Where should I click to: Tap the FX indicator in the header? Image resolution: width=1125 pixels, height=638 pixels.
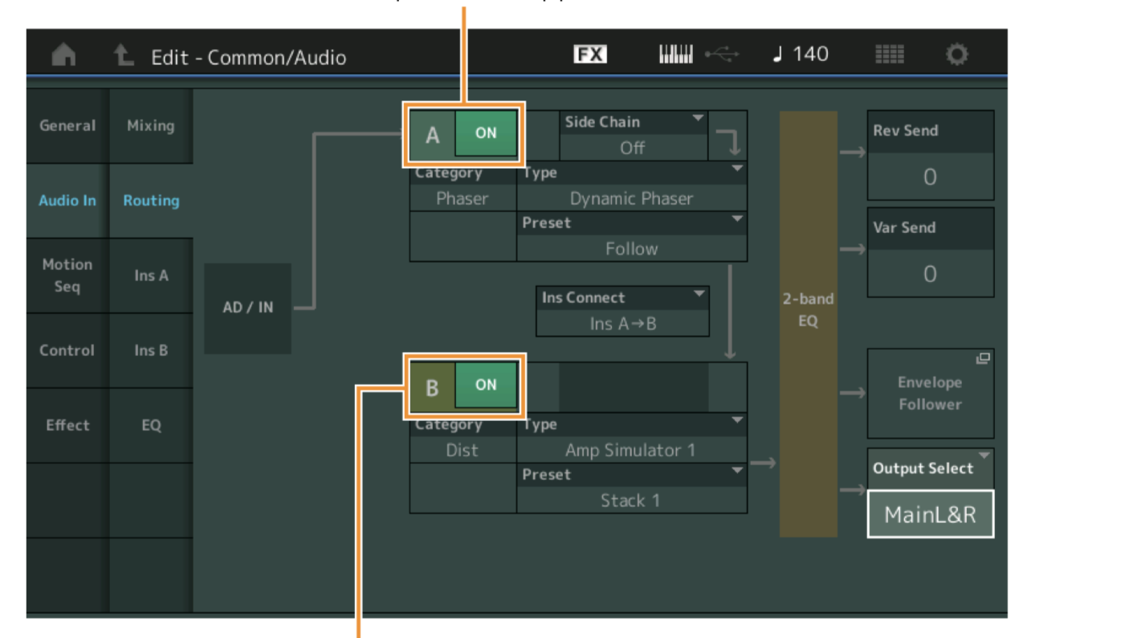click(590, 55)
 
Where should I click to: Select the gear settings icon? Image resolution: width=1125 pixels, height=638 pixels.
click(956, 55)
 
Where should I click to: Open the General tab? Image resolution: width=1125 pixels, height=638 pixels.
click(67, 125)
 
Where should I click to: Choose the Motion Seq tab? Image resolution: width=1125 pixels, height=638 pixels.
click(67, 275)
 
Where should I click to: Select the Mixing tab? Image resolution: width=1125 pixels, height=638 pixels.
click(151, 125)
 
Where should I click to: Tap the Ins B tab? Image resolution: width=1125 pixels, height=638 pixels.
click(151, 350)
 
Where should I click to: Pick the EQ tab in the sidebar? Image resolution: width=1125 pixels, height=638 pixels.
click(151, 425)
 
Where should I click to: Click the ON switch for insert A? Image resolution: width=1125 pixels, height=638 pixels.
click(486, 133)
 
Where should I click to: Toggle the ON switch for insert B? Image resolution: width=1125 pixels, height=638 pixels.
click(486, 385)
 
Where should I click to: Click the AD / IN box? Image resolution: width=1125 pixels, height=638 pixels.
click(247, 308)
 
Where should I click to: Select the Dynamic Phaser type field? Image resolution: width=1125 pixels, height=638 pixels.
click(631, 198)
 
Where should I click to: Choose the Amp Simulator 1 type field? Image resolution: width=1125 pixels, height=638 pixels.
click(631, 450)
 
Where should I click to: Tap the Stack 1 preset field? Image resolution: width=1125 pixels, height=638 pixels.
click(631, 500)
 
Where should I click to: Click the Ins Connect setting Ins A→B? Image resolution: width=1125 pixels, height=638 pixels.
click(623, 323)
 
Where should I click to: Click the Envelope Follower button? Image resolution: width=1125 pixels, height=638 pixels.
click(930, 393)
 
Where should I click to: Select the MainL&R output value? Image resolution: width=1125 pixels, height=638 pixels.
click(930, 514)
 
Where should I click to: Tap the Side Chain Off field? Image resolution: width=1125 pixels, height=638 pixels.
click(633, 147)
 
